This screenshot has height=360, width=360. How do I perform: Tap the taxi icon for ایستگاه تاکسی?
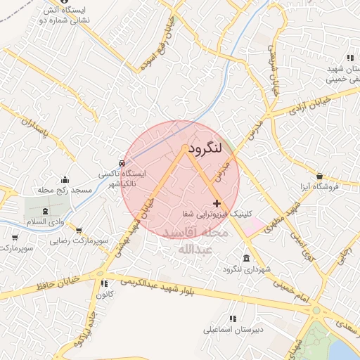pyautogui.click(x=123, y=163)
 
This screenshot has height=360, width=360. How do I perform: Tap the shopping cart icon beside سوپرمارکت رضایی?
pyautogui.click(x=78, y=230)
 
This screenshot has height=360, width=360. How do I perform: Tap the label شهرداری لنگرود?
pyautogui.click(x=242, y=269)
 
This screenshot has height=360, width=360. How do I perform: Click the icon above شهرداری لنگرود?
pyautogui.click(x=245, y=258)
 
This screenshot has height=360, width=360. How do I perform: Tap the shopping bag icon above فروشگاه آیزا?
pyautogui.click(x=320, y=176)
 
